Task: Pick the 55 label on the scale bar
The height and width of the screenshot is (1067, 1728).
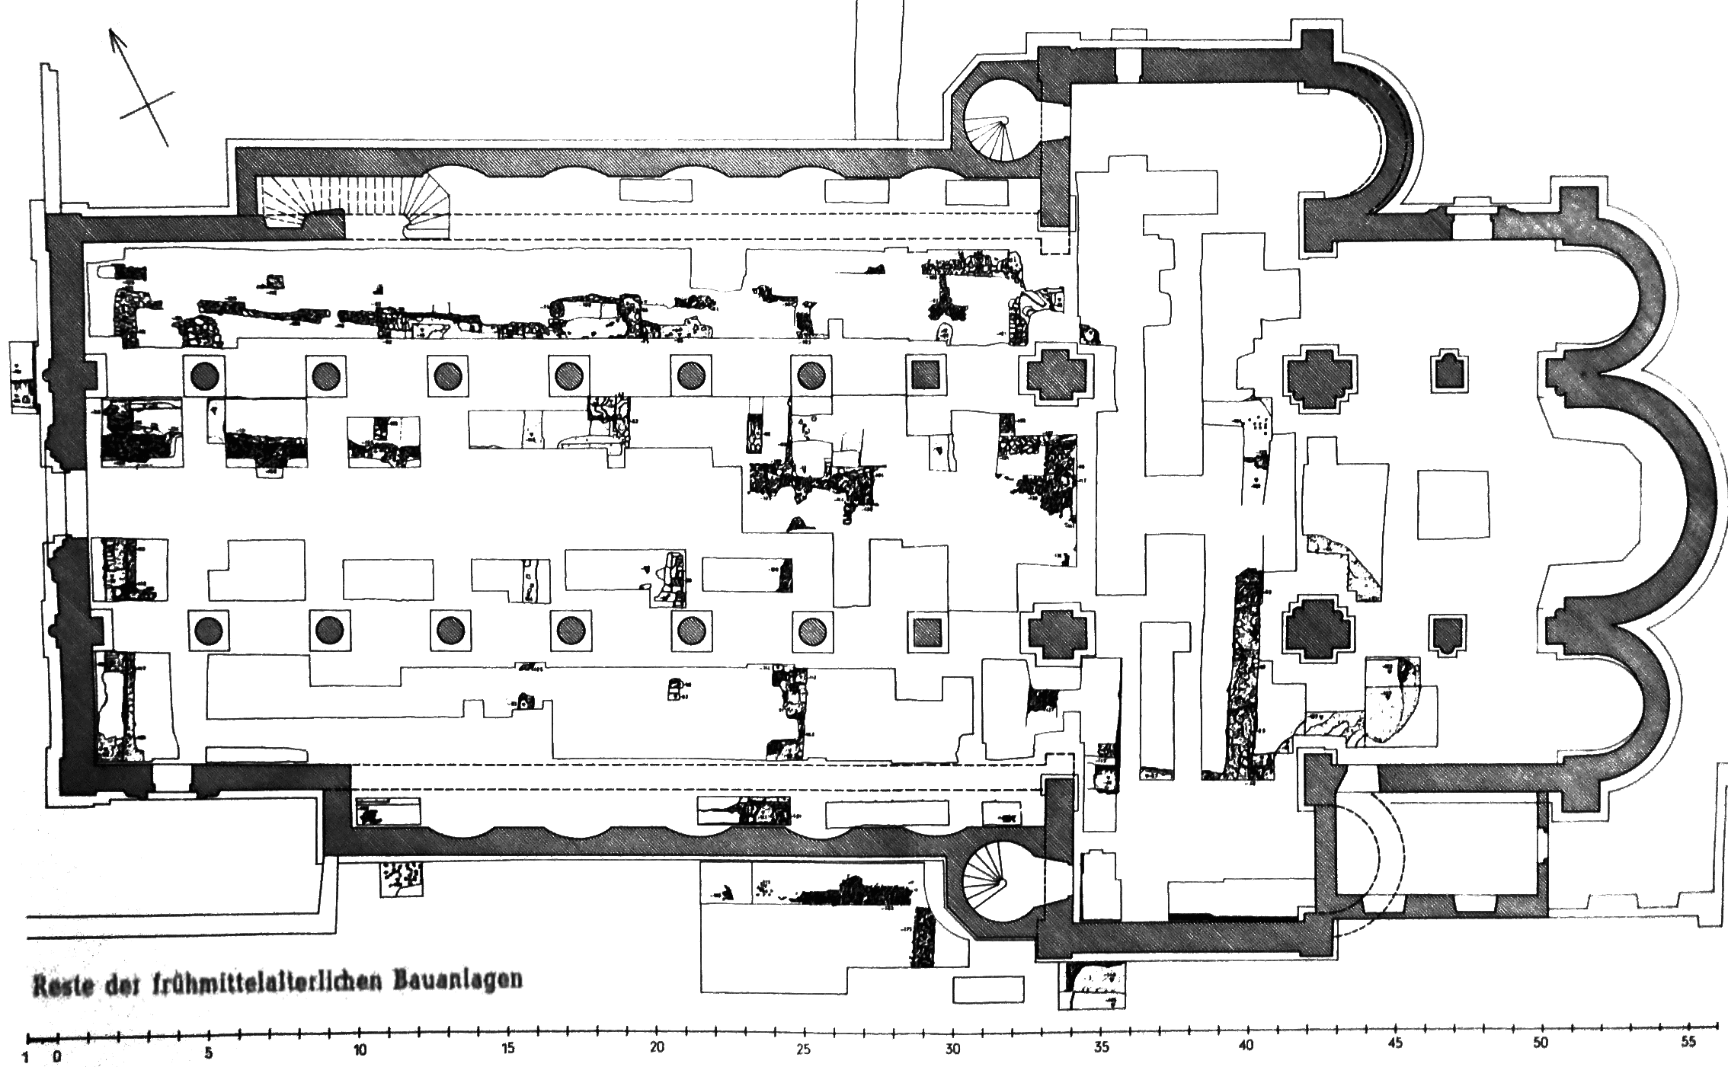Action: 1688,1042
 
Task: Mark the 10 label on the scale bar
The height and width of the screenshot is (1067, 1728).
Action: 360,1052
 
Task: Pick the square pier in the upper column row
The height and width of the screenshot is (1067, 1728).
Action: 925,375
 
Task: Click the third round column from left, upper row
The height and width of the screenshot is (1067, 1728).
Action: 448,375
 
